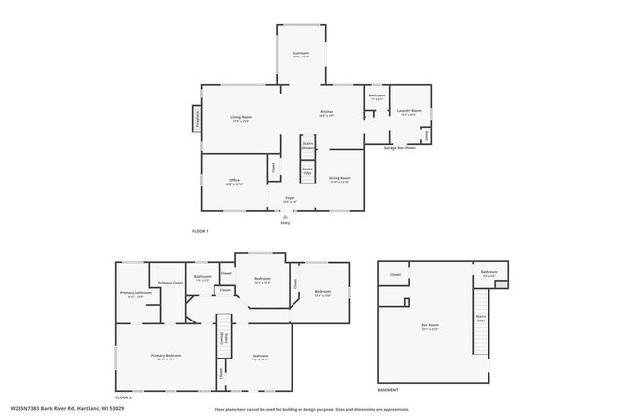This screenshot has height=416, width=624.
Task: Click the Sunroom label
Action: coord(301,55)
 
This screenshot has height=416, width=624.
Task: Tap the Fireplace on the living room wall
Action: coord(200,119)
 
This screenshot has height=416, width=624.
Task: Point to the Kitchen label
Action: coord(327,113)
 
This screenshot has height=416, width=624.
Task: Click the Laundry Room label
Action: coord(409,112)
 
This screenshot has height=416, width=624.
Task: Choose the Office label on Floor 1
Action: coord(234,181)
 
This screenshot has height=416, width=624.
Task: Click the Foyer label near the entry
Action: coord(290,199)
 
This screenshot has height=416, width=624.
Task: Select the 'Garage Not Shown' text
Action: coord(401,148)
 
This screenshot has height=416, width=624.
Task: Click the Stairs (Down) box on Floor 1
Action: coord(307,148)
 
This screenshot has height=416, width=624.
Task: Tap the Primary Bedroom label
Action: coord(166,357)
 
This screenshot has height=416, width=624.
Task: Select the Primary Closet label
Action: coord(171,283)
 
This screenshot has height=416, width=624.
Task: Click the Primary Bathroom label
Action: coord(136,294)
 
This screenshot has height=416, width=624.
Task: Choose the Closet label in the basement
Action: coord(395,275)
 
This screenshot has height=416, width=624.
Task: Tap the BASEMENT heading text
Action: coord(387,390)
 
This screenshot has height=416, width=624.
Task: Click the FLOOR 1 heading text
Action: coord(200,230)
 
